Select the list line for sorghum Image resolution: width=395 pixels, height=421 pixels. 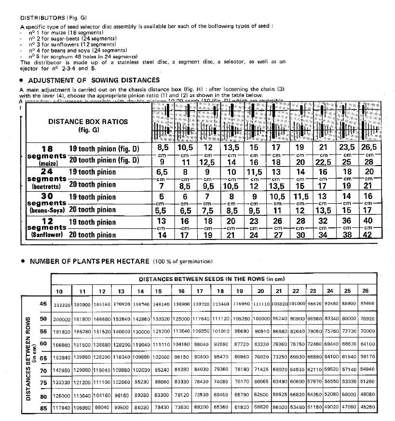(x=83, y=56)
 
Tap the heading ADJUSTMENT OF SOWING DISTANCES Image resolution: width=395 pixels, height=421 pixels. (x=94, y=80)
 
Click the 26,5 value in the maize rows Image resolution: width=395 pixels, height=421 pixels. (x=369, y=147)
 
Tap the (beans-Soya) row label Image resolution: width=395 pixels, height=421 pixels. (x=47, y=210)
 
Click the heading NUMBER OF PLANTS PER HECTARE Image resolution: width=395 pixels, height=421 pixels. (x=90, y=261)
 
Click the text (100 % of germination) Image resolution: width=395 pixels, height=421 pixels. (x=183, y=262)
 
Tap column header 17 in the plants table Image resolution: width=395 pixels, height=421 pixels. (x=200, y=291)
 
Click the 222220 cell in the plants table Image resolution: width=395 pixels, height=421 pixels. (x=63, y=306)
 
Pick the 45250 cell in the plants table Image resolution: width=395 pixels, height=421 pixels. (x=368, y=407)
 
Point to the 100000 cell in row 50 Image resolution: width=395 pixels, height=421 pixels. (x=261, y=320)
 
